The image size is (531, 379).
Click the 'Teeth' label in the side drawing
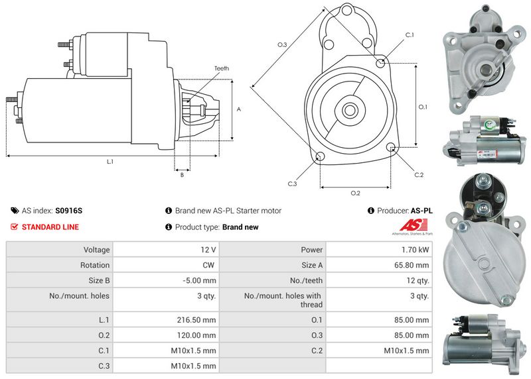click(221, 69)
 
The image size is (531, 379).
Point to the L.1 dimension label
click(110, 162)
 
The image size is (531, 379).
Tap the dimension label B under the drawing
click(181, 175)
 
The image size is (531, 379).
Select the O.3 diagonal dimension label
click(281, 44)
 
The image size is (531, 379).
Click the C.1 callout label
click(409, 34)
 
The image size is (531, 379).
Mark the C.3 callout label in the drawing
click(292, 184)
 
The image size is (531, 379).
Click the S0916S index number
click(69, 211)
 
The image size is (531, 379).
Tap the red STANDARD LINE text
click(50, 227)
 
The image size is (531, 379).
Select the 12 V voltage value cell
click(208, 250)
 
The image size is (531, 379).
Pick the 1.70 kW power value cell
click(415, 250)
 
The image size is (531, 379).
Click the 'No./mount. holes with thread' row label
click(283, 300)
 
